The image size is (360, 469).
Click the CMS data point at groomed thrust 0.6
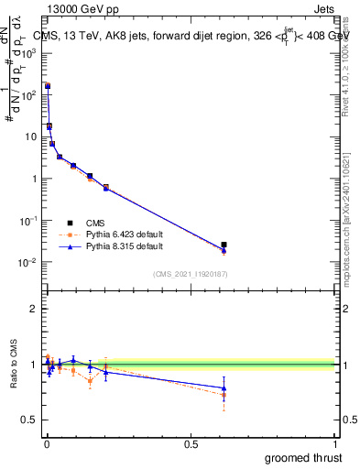pos(224,245)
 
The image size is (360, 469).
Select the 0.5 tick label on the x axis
pos(190,443)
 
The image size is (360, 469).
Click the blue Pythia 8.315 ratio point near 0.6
pos(224,388)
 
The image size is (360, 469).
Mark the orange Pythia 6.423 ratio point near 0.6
pos(224,395)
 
